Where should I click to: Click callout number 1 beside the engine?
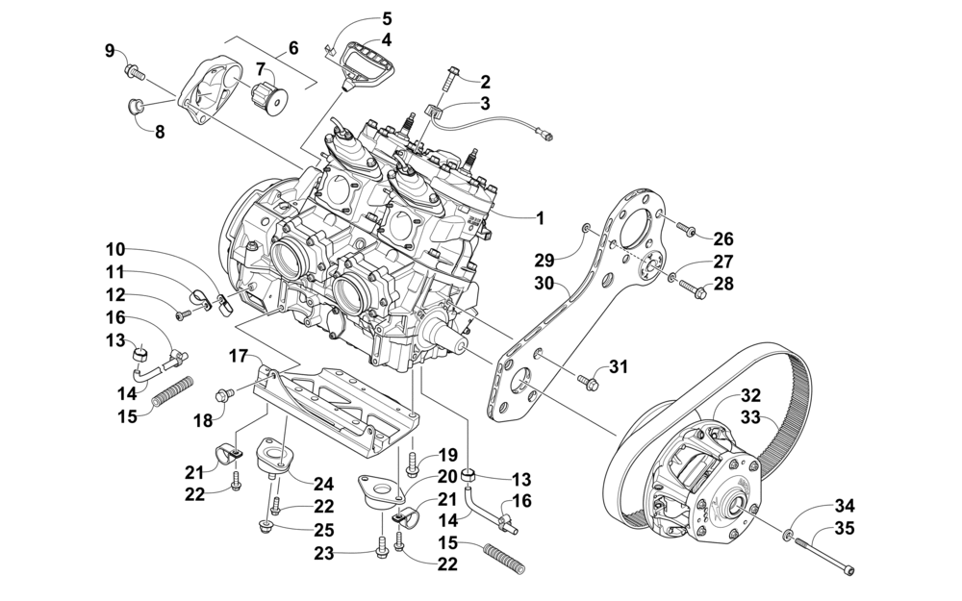tap(540, 217)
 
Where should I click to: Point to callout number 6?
tap(293, 47)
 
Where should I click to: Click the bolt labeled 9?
tap(136, 72)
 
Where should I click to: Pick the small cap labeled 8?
tap(136, 108)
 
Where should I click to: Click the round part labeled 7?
tap(269, 96)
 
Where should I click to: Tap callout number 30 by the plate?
tap(544, 284)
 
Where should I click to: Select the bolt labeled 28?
tap(690, 289)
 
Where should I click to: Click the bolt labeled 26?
tap(686, 228)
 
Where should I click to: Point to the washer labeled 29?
tap(587, 229)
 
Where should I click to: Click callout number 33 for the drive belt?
tap(750, 417)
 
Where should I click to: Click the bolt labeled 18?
tap(224, 394)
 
